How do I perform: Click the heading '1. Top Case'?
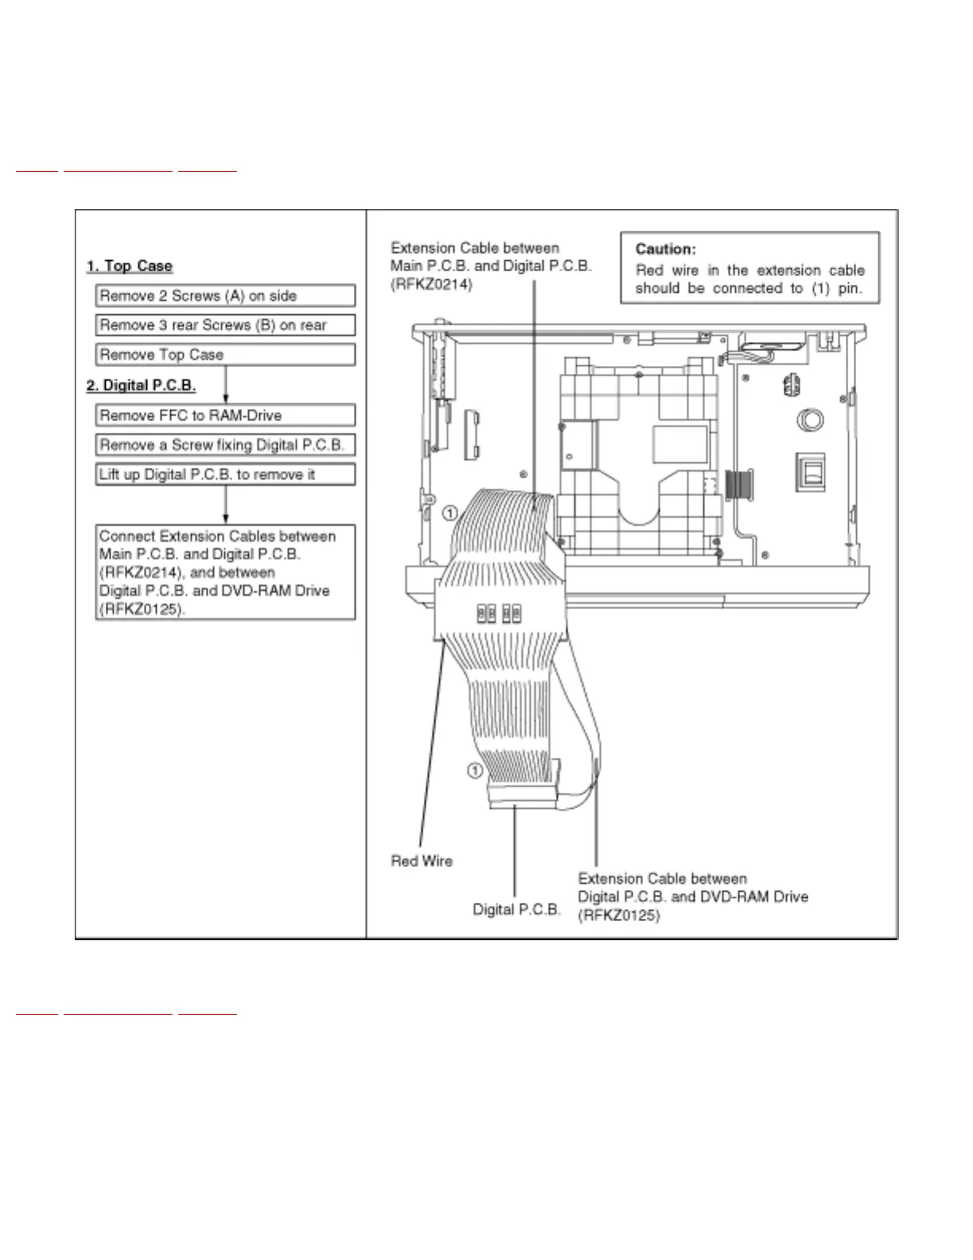[130, 266]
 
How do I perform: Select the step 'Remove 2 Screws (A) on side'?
[225, 296]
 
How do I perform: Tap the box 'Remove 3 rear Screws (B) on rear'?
[225, 325]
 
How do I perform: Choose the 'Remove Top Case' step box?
[225, 355]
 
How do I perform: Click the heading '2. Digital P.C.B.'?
[141, 386]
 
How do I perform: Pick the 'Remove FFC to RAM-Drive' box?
[225, 415]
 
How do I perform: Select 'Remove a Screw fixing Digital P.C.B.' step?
[225, 445]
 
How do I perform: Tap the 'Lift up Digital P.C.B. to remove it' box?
[225, 475]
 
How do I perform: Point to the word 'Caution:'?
[665, 249]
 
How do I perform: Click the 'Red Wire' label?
[421, 861]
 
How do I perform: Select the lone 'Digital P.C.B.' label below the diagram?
[517, 909]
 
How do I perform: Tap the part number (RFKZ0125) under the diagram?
[618, 916]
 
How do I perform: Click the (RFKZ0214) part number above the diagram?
[432, 284]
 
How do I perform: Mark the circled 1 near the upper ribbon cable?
[450, 513]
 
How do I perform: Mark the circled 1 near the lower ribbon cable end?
[474, 770]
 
